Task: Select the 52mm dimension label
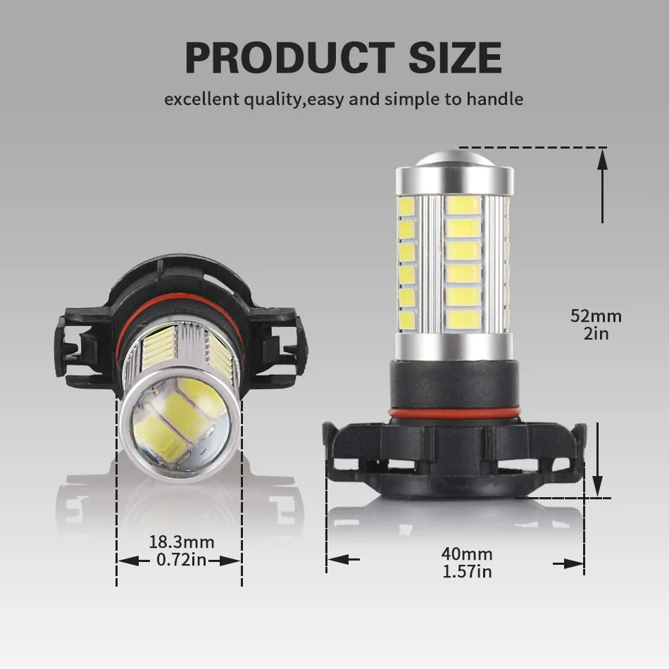tap(596, 316)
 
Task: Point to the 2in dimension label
tap(596, 334)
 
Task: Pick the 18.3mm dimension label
tap(181, 542)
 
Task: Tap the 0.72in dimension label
tap(181, 561)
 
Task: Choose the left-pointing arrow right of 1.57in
tap(568, 563)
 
